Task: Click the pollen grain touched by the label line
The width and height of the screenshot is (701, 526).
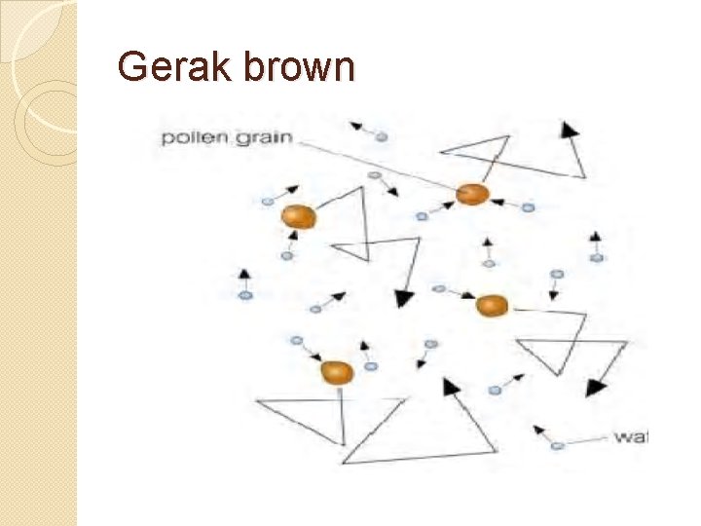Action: click(472, 194)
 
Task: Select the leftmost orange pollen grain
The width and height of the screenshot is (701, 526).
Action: click(298, 216)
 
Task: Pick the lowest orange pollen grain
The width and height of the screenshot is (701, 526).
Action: click(336, 371)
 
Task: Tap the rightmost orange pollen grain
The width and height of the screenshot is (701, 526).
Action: click(493, 305)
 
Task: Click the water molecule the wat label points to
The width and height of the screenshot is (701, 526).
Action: click(557, 446)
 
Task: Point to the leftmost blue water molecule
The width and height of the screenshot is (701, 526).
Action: click(246, 294)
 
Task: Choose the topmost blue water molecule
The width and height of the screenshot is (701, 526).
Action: click(381, 137)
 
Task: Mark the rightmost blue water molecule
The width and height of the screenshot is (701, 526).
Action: click(597, 258)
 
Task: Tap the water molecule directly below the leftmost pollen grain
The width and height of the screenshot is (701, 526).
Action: click(286, 255)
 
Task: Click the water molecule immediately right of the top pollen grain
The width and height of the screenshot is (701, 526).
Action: click(528, 207)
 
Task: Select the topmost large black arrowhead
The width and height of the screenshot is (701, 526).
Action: click(568, 129)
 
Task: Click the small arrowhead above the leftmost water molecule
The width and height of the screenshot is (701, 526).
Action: click(245, 275)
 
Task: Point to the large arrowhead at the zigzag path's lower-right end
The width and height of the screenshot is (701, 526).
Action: click(593, 387)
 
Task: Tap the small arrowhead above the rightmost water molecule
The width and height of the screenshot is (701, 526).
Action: click(596, 237)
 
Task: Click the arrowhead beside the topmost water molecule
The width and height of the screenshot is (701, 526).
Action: click(356, 126)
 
